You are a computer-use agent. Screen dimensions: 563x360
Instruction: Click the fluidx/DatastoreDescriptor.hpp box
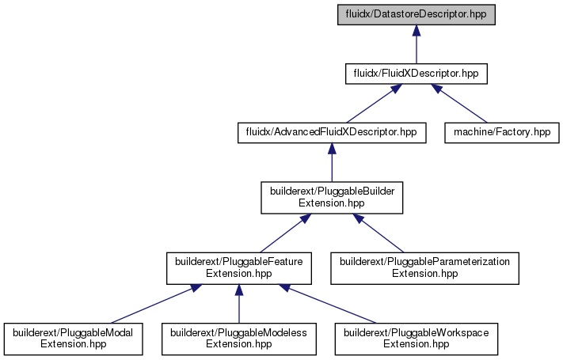tap(417, 15)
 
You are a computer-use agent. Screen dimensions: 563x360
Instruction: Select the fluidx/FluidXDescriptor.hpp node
tap(417, 74)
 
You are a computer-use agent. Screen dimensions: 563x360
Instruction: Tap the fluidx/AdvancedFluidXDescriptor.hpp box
tap(332, 133)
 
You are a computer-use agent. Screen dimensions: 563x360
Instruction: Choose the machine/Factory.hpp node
tap(501, 133)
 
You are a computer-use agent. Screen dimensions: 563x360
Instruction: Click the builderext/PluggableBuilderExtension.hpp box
tap(332, 198)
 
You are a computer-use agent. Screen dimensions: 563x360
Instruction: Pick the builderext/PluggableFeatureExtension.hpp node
tap(239, 268)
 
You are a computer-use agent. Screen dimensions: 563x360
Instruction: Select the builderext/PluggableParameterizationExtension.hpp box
tap(424, 268)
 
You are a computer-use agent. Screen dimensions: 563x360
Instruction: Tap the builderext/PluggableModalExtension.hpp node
tap(74, 339)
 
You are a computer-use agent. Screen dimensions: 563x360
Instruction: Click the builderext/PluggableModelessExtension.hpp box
tap(239, 339)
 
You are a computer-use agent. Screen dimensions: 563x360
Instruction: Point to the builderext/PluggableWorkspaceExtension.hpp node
tap(417, 339)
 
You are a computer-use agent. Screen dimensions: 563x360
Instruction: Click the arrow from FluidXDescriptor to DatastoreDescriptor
tap(417, 44)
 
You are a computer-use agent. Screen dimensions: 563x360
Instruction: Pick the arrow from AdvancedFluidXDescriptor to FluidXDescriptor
tap(374, 104)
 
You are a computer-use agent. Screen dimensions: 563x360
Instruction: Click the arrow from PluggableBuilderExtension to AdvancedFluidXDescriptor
tap(332, 162)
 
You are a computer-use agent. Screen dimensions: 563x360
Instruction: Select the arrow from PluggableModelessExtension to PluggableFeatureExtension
tap(239, 304)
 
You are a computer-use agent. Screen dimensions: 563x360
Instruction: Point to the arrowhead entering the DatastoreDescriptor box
tap(417, 30)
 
